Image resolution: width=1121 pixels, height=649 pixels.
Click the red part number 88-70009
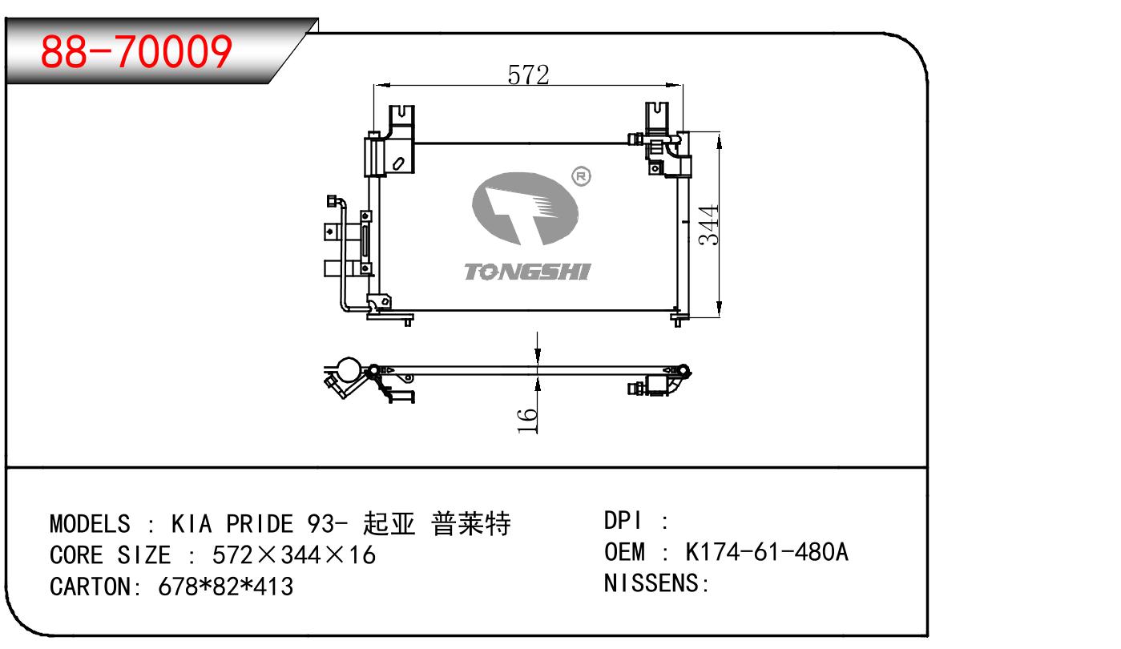tap(136, 51)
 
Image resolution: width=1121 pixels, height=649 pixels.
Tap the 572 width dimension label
tap(528, 75)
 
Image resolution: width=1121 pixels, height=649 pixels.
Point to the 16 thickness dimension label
tap(527, 421)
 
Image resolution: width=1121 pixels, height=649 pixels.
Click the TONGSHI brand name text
tap(526, 272)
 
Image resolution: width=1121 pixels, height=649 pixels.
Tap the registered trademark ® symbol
tap(581, 175)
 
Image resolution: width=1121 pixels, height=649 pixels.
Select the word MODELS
tap(90, 525)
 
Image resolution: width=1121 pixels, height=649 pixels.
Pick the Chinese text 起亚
tap(389, 525)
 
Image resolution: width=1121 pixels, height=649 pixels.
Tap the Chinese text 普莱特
tap(470, 525)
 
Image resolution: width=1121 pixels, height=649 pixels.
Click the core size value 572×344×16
tap(293, 555)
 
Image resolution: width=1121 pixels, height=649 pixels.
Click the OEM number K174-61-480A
tap(767, 552)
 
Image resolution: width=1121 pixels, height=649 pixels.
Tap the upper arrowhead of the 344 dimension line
tap(720, 141)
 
